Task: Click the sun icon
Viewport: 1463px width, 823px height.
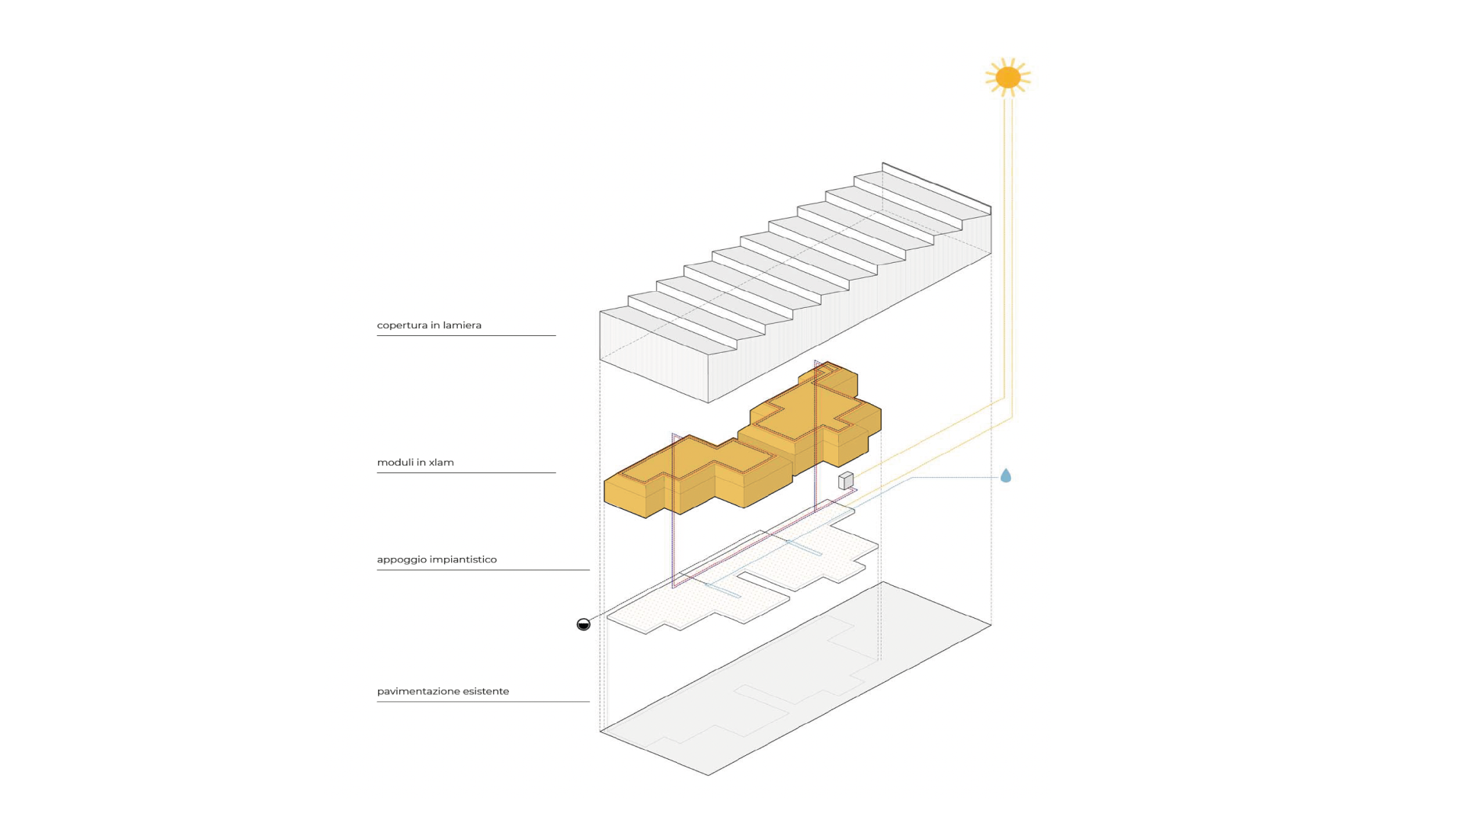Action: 1007,77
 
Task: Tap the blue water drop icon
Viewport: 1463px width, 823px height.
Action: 1006,476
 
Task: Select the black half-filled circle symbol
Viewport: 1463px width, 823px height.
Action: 584,625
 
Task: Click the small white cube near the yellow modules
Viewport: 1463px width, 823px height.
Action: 846,481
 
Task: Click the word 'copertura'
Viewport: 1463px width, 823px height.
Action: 402,325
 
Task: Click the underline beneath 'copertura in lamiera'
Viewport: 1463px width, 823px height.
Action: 466,335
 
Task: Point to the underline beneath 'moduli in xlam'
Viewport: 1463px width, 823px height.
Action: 466,472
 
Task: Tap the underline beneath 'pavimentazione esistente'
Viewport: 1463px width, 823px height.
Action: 482,701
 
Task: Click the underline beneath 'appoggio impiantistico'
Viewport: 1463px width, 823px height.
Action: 482,569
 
